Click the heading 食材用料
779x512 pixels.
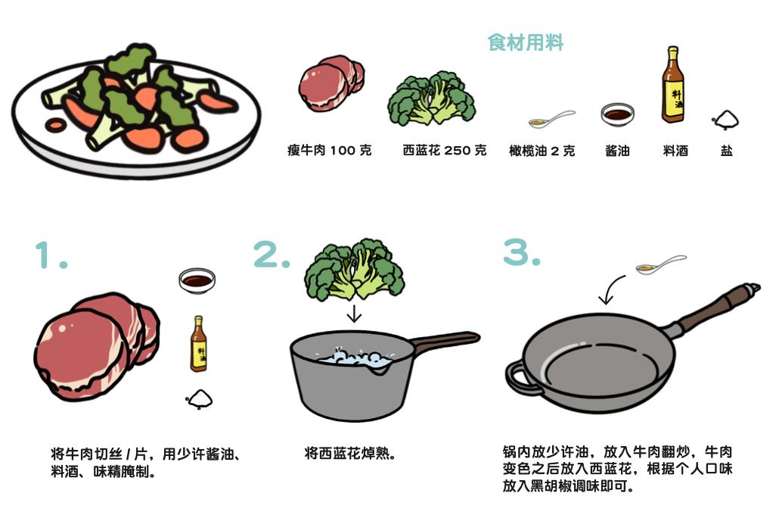point(526,42)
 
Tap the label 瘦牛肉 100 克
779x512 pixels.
point(330,150)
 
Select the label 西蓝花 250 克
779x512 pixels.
point(445,150)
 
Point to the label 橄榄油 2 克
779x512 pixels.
point(542,151)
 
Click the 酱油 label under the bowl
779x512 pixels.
point(618,151)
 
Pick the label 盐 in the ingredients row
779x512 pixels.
point(726,151)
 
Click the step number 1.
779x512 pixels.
point(50,255)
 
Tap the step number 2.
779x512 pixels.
point(272,254)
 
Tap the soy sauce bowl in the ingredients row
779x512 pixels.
point(618,114)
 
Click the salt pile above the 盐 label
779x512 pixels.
point(725,120)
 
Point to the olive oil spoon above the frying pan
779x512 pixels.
point(661,264)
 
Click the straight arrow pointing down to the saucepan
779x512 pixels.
point(354,314)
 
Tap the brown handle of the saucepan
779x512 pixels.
point(444,342)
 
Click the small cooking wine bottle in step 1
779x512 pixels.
point(198,344)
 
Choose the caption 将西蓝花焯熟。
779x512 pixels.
point(349,454)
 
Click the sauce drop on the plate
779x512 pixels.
point(54,125)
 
